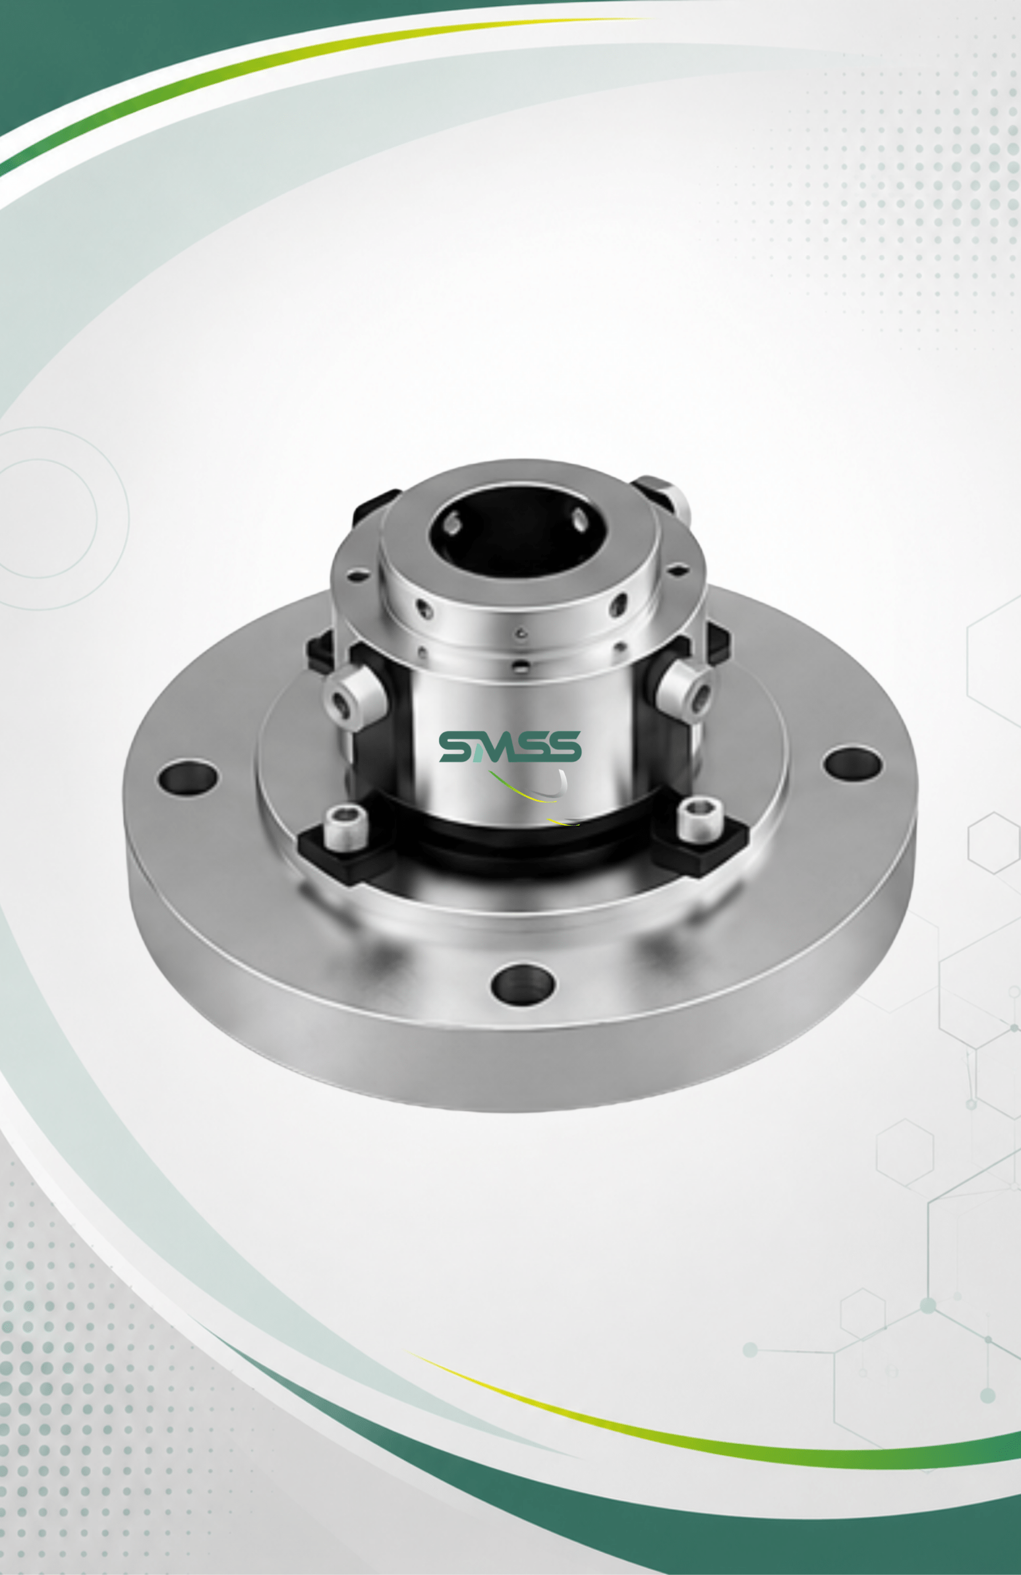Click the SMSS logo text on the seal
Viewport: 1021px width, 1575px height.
[x=510, y=746]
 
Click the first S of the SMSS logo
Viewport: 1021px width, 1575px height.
[x=457, y=746]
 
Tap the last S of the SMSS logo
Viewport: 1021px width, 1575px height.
[x=564, y=746]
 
